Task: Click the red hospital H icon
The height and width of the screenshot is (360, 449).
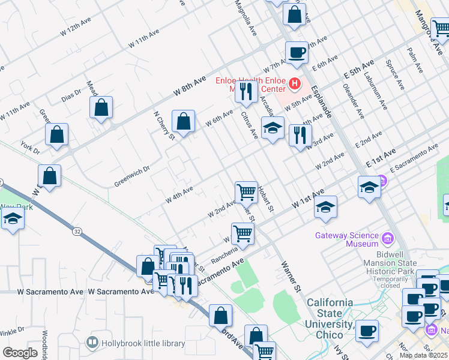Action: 294,83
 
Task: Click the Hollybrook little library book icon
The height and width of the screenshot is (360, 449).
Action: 92,343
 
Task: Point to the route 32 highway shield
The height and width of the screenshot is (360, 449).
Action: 77,230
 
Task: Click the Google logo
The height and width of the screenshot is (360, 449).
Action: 20,353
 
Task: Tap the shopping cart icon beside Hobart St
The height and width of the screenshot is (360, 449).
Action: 246,193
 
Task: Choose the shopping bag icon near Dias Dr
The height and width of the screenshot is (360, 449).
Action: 101,108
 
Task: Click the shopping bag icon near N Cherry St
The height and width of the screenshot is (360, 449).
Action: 183,121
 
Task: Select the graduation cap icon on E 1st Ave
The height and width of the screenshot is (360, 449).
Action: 369,187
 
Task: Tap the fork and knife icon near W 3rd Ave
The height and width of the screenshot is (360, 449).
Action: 300,136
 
